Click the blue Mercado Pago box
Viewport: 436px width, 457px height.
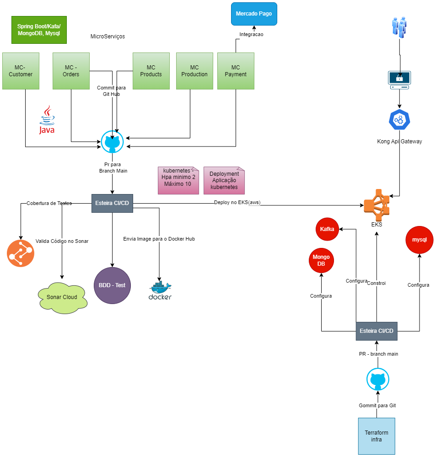[254, 14]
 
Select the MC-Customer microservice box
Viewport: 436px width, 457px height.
[21, 71]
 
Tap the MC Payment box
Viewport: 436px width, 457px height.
[236, 71]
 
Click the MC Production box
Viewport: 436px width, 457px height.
[194, 71]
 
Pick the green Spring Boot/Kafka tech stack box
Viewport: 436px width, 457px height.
[39, 30]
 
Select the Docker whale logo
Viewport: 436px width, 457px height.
[160, 290]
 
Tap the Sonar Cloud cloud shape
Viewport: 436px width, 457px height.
[62, 297]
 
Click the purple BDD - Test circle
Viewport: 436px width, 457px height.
[112, 285]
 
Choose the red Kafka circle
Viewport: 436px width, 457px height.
[327, 229]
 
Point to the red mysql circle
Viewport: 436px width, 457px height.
[420, 240]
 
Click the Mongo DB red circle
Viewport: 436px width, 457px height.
[321, 261]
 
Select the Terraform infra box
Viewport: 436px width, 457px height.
[377, 436]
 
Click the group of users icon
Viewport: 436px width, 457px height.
[399, 27]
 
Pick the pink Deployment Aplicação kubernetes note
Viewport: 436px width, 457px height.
[224, 180]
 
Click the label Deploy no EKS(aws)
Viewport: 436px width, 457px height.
[237, 202]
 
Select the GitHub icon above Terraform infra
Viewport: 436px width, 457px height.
[378, 379]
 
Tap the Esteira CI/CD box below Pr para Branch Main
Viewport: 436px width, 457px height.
[112, 203]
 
